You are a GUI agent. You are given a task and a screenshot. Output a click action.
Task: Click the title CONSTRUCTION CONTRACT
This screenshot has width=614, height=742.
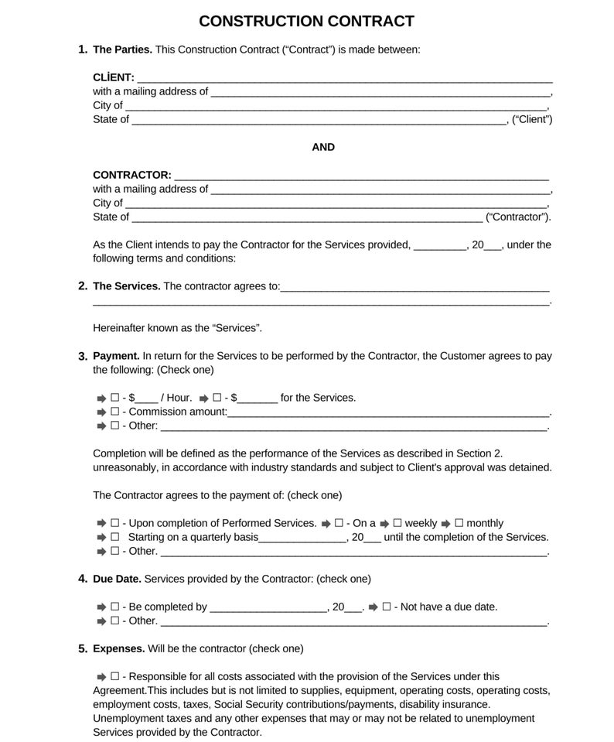(x=306, y=22)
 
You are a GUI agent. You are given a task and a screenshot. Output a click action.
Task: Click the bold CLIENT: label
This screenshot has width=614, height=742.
(x=114, y=77)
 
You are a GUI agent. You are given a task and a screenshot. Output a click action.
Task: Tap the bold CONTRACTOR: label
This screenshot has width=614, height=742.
(x=132, y=175)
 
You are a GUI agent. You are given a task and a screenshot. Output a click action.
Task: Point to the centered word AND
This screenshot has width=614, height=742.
(x=323, y=147)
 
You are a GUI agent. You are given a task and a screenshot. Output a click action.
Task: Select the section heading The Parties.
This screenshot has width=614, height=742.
(x=122, y=50)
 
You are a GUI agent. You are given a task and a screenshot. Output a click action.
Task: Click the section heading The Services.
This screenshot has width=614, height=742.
(x=127, y=286)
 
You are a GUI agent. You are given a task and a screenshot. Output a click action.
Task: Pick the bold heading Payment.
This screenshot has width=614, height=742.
(x=116, y=356)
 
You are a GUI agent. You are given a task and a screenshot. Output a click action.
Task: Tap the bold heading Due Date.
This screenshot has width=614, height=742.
(x=117, y=579)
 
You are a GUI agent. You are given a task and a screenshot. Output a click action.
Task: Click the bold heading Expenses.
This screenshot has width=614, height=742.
(x=118, y=648)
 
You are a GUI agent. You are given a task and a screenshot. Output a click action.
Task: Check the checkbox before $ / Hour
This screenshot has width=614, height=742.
(x=114, y=398)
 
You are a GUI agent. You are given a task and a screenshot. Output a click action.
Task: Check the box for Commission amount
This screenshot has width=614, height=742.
(x=114, y=412)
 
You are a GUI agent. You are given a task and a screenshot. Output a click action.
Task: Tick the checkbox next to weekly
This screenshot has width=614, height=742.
(x=397, y=523)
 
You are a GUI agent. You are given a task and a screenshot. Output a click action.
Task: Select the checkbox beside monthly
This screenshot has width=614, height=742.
(x=459, y=523)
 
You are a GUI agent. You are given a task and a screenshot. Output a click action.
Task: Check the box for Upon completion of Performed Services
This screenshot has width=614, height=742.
(x=114, y=523)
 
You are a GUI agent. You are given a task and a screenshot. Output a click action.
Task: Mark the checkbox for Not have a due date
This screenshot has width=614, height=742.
(x=387, y=607)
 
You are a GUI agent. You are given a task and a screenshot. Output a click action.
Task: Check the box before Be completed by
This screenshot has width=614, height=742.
(x=114, y=607)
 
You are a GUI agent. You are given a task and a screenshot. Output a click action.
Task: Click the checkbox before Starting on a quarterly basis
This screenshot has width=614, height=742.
(x=114, y=537)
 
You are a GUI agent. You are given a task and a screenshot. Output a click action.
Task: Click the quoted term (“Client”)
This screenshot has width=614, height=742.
(x=532, y=119)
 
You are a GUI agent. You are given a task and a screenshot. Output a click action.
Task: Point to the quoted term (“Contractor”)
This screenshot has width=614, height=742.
(x=518, y=217)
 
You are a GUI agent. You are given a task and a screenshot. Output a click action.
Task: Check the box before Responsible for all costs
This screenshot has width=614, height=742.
(x=114, y=676)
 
